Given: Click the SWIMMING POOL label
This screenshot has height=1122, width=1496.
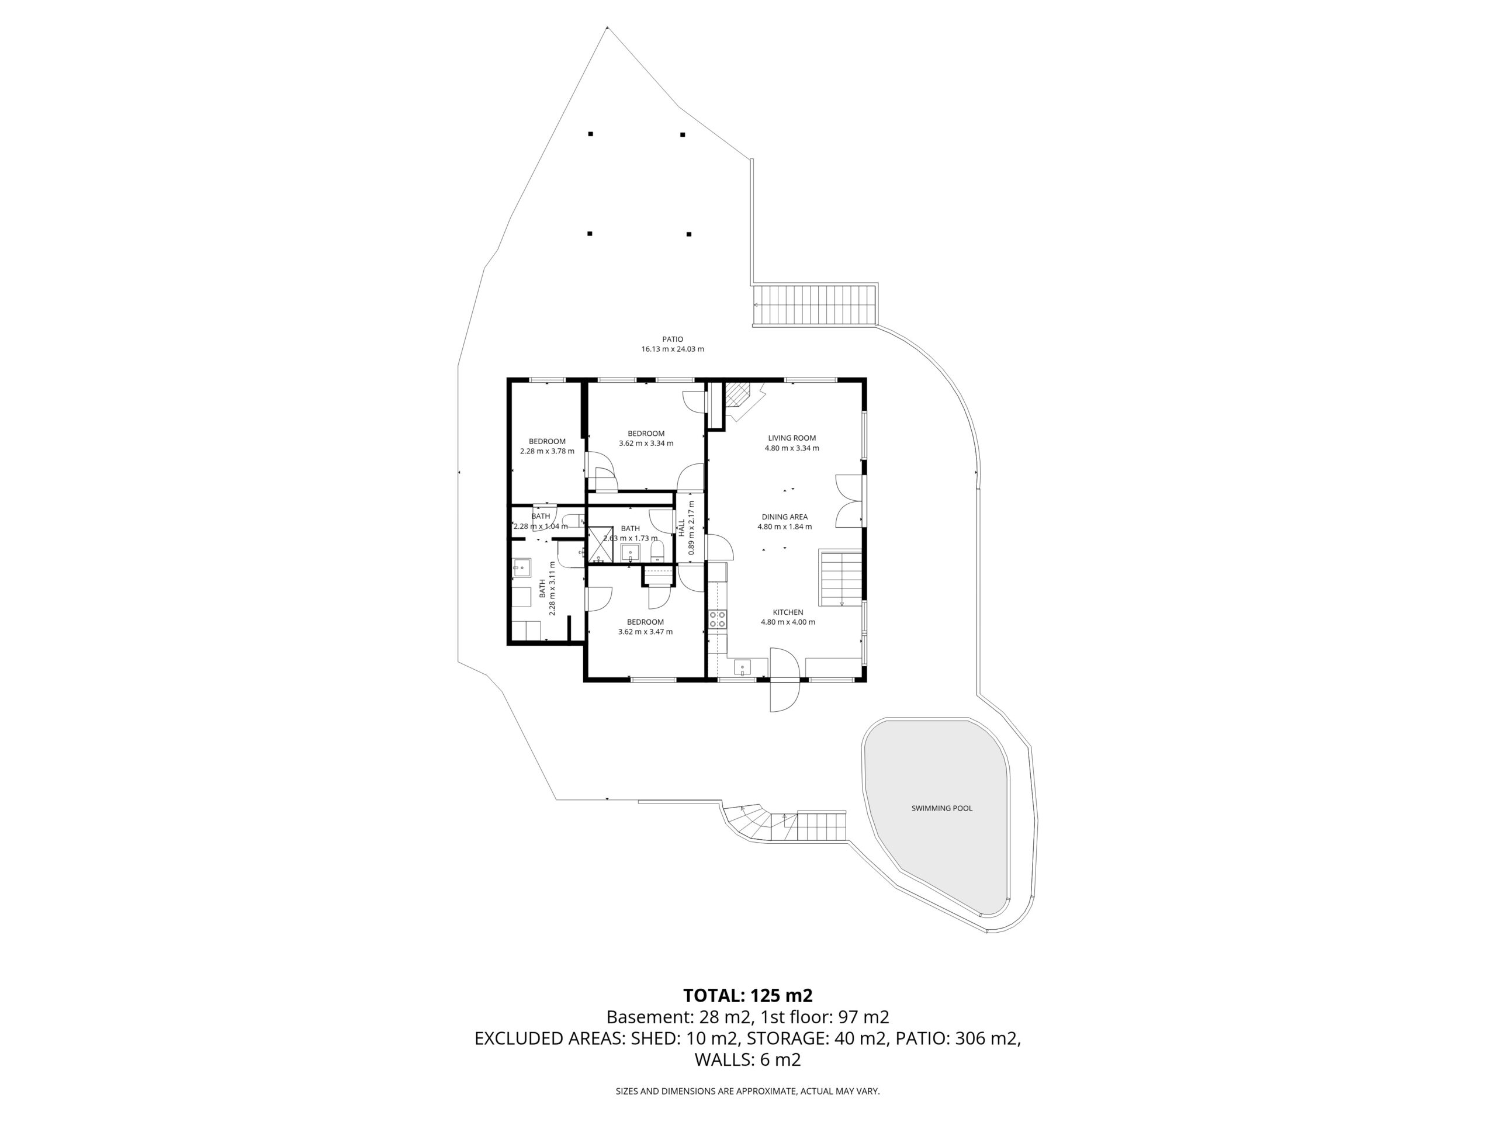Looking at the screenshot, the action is click(x=941, y=808).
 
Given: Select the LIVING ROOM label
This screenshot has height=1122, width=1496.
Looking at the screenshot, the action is click(x=792, y=438).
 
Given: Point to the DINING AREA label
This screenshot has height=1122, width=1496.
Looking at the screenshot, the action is click(x=784, y=517).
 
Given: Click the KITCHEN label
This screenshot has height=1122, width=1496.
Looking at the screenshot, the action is click(x=788, y=612).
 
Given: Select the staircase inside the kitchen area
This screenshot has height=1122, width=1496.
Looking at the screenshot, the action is click(x=842, y=579).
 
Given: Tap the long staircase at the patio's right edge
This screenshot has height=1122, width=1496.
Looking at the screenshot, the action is click(x=815, y=305).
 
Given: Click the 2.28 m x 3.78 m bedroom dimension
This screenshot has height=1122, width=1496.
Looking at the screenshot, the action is click(x=547, y=451).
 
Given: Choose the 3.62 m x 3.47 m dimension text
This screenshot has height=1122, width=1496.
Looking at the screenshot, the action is click(x=645, y=632).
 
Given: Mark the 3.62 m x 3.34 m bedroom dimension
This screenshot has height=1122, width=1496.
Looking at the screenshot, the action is click(x=646, y=444).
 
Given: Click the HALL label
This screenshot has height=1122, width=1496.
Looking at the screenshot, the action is click(x=682, y=528).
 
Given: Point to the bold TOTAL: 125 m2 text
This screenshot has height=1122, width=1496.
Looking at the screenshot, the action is click(x=747, y=996).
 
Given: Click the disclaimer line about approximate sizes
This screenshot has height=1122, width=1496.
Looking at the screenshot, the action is click(x=747, y=1091).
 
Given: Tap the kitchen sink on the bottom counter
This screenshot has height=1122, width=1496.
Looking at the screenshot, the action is click(x=743, y=667).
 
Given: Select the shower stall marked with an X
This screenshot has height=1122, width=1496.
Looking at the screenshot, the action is click(x=599, y=545).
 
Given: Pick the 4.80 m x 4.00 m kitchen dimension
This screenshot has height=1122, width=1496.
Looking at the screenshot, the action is click(x=788, y=622).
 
